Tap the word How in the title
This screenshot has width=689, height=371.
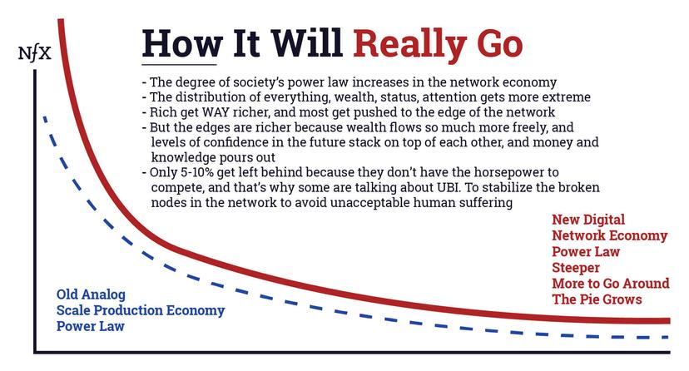tap(180, 42)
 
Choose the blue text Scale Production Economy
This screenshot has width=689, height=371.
tap(141, 310)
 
